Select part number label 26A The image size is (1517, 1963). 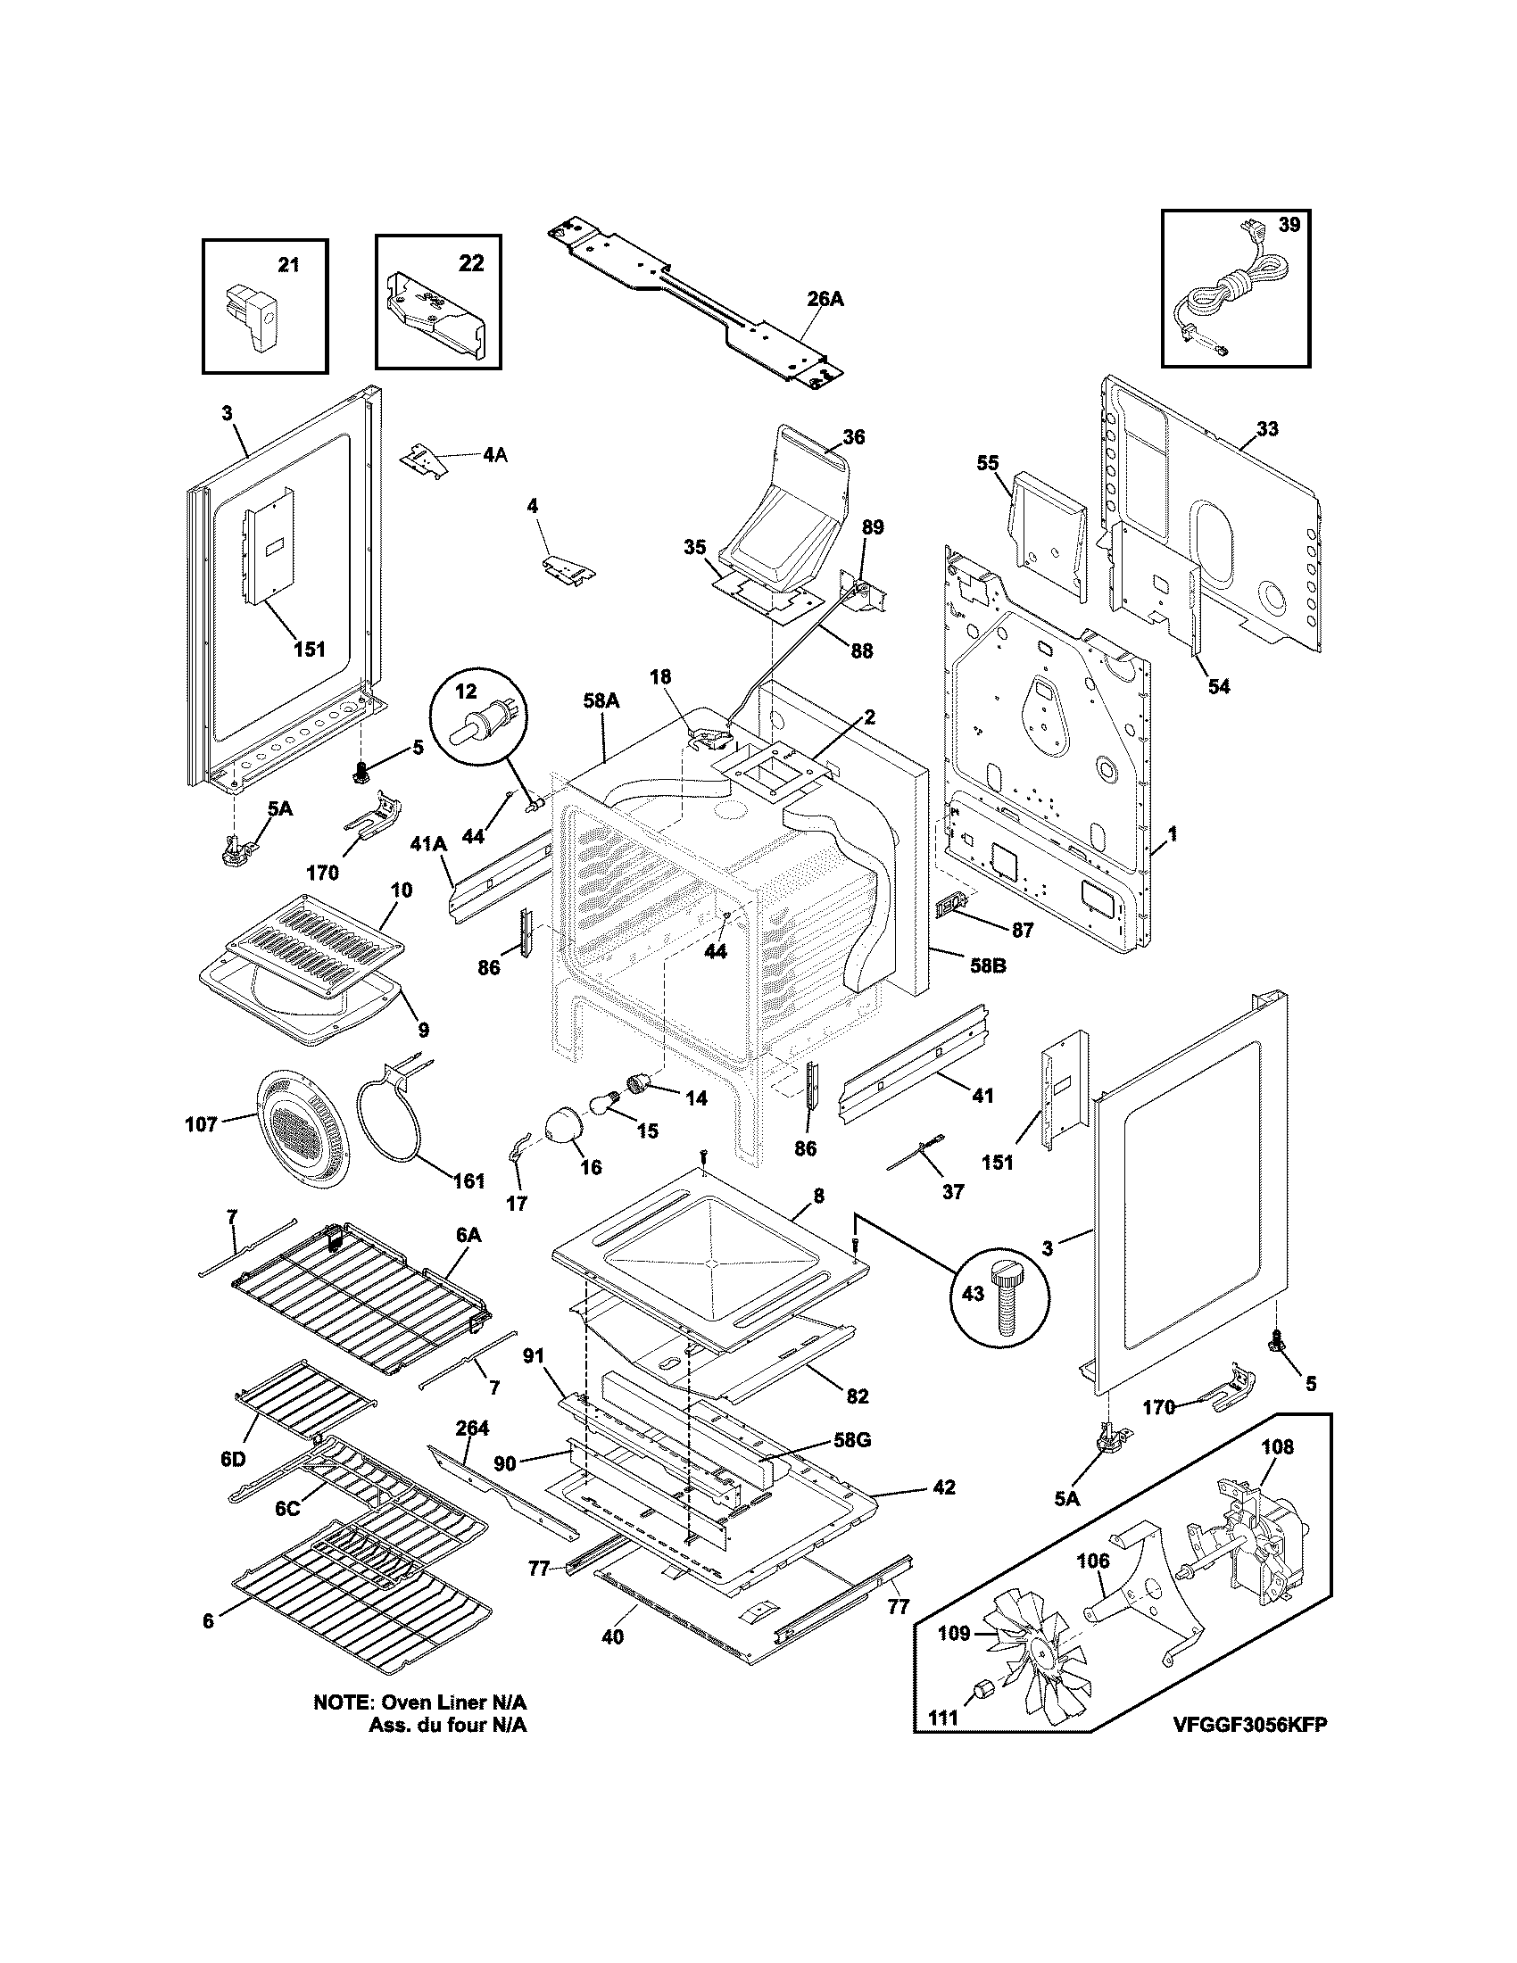pos(825,299)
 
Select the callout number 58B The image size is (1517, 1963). pos(987,966)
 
